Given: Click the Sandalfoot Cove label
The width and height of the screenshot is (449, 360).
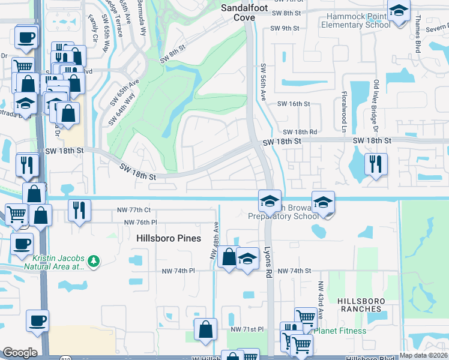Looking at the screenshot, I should pos(245,13).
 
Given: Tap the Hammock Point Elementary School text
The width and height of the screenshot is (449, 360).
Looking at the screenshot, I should pos(356,20).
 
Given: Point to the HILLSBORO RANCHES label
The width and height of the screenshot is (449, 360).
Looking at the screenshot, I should pos(359,304).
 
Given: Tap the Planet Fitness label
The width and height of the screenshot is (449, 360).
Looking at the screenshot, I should pos(339,331).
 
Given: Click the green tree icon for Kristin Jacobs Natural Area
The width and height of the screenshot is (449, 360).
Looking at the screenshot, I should pos(93,261).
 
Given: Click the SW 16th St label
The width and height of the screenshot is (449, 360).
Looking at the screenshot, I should pos(293,104).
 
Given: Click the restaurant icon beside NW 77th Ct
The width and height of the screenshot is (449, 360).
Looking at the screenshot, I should pos(79,211).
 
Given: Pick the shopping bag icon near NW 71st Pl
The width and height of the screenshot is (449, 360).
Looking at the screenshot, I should pos(205,329).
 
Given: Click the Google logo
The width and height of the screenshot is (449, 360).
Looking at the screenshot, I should pos(20,353).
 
